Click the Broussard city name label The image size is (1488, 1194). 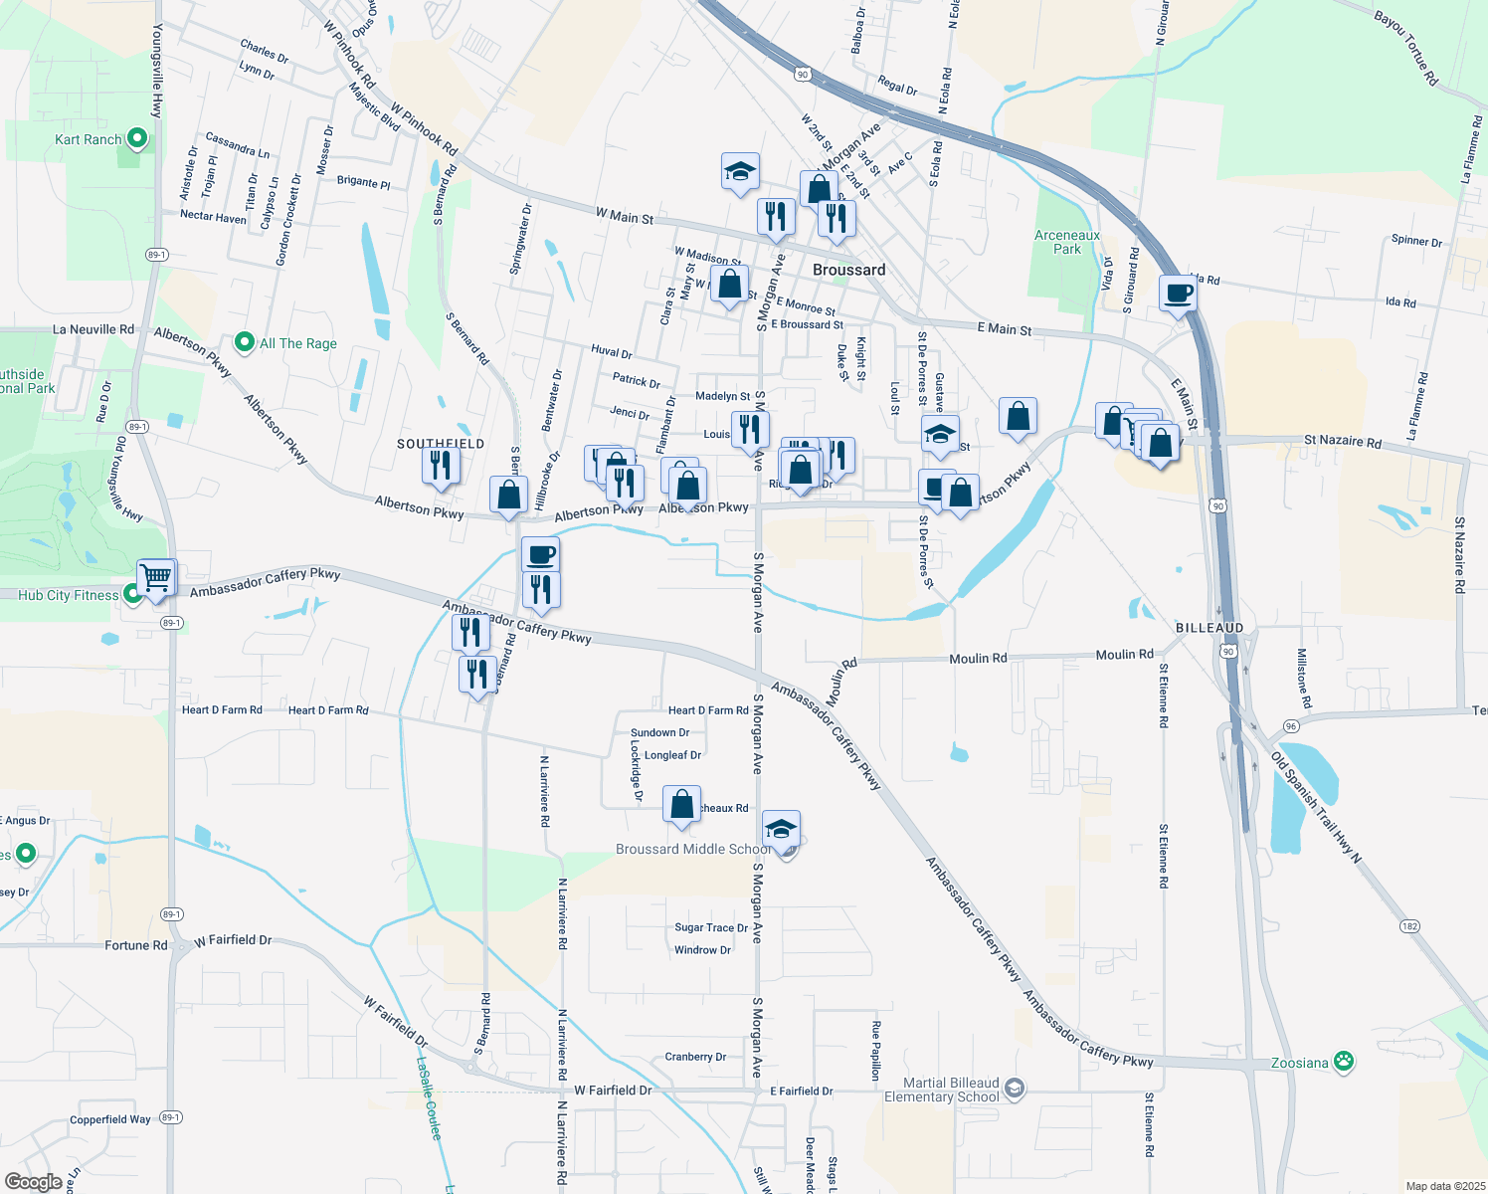tap(848, 270)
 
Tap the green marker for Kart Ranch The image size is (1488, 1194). tap(137, 139)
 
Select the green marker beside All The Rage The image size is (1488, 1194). tap(245, 343)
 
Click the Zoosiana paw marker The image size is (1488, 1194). tap(1343, 1062)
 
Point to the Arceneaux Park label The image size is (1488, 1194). tap(1067, 243)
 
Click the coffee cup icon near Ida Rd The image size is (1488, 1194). tap(1178, 295)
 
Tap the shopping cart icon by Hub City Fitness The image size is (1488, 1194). tap(156, 577)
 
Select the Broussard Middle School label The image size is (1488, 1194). tap(693, 849)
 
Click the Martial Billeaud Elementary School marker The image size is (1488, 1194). tap(1014, 1088)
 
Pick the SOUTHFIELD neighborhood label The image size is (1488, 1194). tap(441, 444)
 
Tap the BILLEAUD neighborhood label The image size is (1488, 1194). tap(1209, 628)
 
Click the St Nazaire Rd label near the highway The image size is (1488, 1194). tap(1342, 442)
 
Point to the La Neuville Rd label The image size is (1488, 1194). tap(93, 329)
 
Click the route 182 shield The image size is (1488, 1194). tap(1409, 925)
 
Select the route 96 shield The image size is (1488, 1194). tap(1291, 726)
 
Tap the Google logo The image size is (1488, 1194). tap(34, 1181)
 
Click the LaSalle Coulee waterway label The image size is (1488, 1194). tap(429, 1097)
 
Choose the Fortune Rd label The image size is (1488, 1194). tap(136, 945)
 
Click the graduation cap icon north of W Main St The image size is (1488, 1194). tap(740, 172)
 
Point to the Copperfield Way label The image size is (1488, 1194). tap(110, 1119)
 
